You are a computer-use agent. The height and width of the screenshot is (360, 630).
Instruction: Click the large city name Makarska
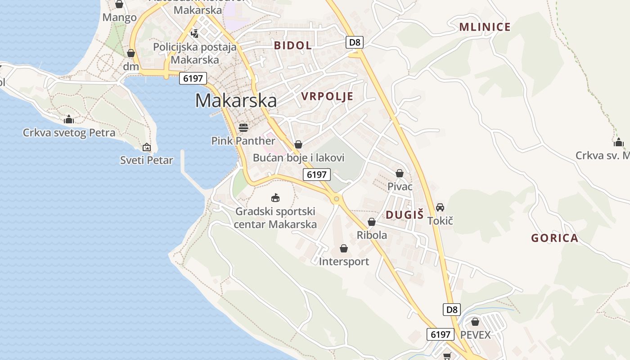pyautogui.click(x=236, y=100)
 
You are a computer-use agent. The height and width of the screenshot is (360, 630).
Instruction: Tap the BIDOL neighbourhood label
pyautogui.click(x=292, y=45)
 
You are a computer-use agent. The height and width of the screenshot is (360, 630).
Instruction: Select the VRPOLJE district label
pyautogui.click(x=327, y=96)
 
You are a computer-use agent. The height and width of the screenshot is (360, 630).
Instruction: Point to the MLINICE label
pyautogui.click(x=485, y=27)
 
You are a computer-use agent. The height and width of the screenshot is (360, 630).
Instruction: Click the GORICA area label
pyautogui.click(x=554, y=238)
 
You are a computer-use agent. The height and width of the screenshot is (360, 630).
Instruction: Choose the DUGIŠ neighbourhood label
pyautogui.click(x=405, y=215)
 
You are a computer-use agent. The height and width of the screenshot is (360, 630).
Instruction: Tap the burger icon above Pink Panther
pyautogui.click(x=243, y=128)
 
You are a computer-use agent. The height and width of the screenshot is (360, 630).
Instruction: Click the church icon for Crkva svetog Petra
pyautogui.click(x=69, y=119)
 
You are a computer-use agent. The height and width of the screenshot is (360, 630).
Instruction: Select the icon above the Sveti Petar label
pyautogui.click(x=147, y=147)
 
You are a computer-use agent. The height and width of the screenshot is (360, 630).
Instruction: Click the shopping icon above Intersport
pyautogui.click(x=344, y=248)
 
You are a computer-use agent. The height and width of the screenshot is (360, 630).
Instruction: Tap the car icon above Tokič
pyautogui.click(x=440, y=207)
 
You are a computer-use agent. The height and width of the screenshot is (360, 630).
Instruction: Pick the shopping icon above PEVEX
pyautogui.click(x=475, y=322)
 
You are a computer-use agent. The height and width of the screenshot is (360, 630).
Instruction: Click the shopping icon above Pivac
pyautogui.click(x=400, y=173)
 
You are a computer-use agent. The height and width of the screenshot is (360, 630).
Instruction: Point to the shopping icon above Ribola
pyautogui.click(x=372, y=222)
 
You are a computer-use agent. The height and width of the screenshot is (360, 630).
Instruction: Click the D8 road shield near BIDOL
pyautogui.click(x=355, y=42)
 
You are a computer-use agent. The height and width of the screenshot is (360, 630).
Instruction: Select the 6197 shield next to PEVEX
pyautogui.click(x=440, y=334)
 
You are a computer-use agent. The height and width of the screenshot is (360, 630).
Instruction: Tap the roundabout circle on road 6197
pyautogui.click(x=336, y=198)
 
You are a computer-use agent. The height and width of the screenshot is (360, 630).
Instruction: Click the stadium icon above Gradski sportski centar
pyautogui.click(x=275, y=198)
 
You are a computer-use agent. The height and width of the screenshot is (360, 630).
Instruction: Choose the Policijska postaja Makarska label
pyautogui.click(x=195, y=53)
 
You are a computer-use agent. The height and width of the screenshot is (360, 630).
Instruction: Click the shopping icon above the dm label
pyautogui.click(x=131, y=53)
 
